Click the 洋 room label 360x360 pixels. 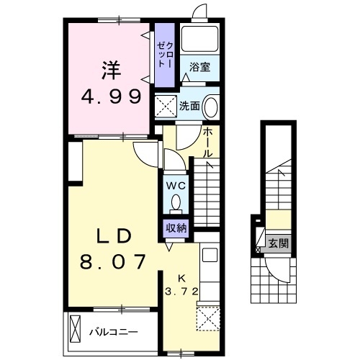[111, 71]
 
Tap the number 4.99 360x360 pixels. [111, 96]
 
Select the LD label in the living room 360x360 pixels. [114, 236]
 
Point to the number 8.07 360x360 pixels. [113, 261]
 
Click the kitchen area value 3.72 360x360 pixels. [181, 292]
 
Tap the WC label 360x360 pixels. [176, 186]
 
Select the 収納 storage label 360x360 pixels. [176, 228]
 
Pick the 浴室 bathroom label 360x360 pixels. [199, 67]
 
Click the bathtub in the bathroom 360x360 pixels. [199, 38]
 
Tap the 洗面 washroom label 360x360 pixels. [189, 106]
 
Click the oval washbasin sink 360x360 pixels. [211, 107]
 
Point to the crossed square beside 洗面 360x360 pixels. [166, 107]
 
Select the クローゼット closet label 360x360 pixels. [165, 55]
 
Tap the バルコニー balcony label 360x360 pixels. [114, 333]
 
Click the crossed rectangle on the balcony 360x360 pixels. [75, 328]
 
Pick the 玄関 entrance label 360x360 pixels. [278, 244]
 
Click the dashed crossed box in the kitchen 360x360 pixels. [208, 319]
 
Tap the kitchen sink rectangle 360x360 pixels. [210, 255]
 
